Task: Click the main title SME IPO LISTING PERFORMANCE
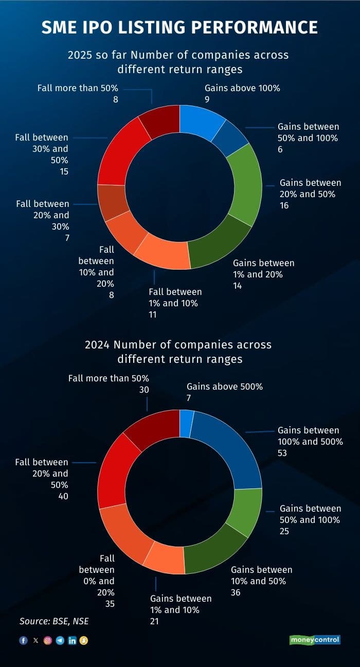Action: tap(179, 27)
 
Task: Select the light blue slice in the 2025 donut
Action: tap(202, 121)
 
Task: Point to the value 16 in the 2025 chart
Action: tap(284, 205)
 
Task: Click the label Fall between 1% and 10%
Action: tap(175, 297)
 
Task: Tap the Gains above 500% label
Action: tap(224, 386)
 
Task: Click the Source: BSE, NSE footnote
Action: tap(54, 621)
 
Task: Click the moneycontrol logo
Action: tap(314, 640)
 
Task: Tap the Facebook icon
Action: tap(23, 640)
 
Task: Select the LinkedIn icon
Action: tap(72, 640)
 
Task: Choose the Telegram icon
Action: tap(60, 640)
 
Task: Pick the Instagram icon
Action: tap(48, 640)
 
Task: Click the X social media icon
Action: tap(35, 640)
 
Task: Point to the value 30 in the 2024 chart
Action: tap(144, 390)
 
